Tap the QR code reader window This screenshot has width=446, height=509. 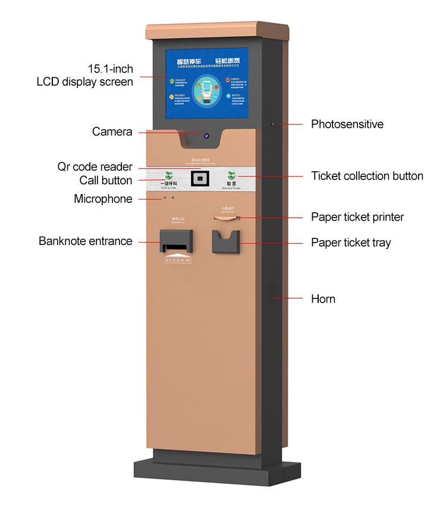(200, 178)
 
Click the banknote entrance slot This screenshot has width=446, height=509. (177, 244)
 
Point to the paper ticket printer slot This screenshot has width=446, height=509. (225, 218)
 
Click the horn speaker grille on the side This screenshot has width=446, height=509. (273, 295)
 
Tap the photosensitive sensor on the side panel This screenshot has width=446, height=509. (273, 124)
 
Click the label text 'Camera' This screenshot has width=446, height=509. (112, 131)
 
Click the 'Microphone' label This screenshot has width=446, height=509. (103, 199)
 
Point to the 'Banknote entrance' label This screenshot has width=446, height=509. (86, 241)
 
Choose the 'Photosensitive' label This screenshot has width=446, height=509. (347, 124)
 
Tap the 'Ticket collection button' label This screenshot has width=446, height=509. (367, 176)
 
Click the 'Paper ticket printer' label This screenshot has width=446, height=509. (357, 217)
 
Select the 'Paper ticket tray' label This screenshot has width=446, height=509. (351, 243)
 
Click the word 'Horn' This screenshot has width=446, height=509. (323, 299)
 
